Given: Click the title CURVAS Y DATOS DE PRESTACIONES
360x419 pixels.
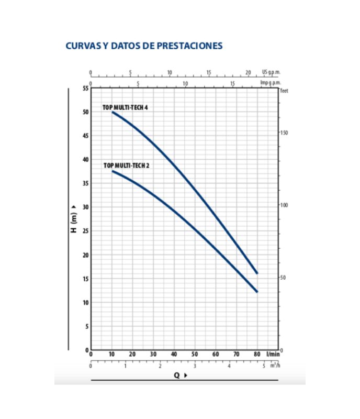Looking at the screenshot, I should [x=144, y=46].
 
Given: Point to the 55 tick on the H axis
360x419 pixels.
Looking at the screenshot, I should [x=85, y=88].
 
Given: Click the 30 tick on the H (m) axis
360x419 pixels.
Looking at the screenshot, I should [x=85, y=207].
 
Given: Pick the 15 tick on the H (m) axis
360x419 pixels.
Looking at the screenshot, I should [x=85, y=279].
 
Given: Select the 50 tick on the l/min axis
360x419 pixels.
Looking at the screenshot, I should [x=195, y=355].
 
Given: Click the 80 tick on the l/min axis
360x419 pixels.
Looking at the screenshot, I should [x=257, y=355].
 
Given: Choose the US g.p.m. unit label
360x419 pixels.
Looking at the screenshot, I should [x=271, y=72].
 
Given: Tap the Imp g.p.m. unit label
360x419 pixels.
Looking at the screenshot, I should [x=271, y=82].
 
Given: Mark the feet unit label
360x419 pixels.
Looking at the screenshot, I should [x=285, y=91].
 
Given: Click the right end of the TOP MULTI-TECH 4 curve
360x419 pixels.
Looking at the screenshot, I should [x=257, y=273].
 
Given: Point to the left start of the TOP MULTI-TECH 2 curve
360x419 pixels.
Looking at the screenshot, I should [x=112, y=171].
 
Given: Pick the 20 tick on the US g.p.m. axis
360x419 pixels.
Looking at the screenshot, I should [x=248, y=72].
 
